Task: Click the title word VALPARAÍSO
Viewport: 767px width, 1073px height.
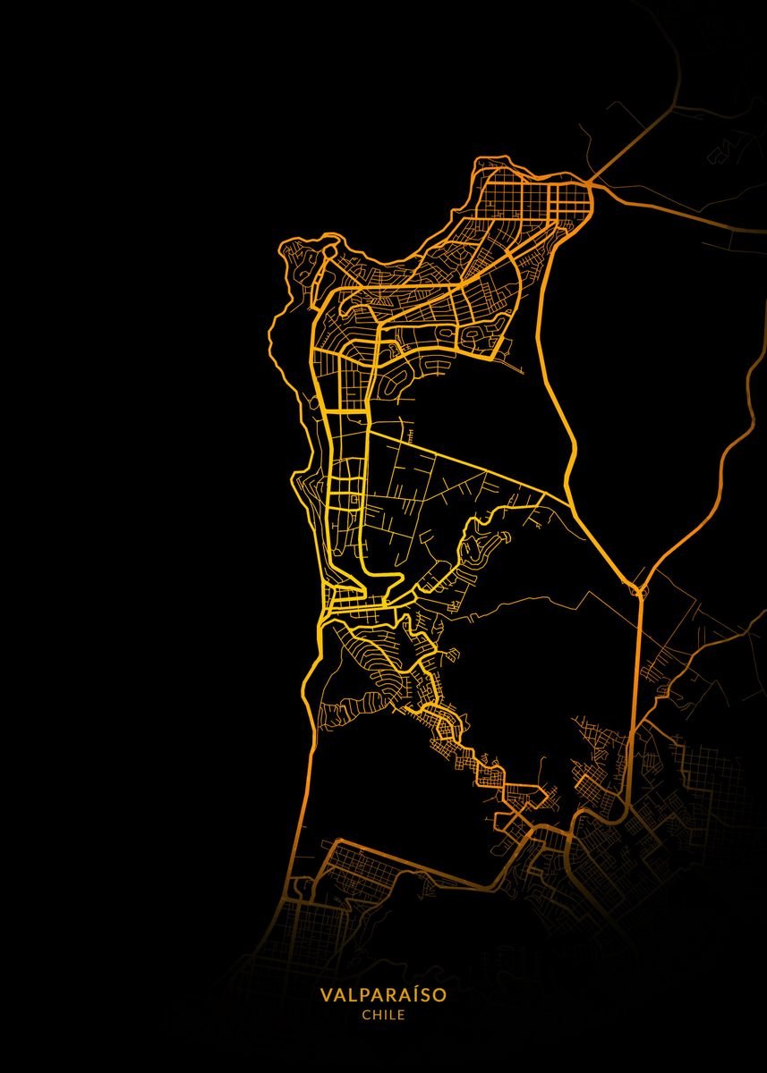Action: (383, 994)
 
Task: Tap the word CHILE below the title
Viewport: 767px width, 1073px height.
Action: (383, 1015)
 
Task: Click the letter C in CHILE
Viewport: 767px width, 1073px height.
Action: (366, 1015)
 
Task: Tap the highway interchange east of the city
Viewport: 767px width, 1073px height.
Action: (639, 590)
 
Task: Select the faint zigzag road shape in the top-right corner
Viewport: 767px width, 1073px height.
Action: (720, 152)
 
